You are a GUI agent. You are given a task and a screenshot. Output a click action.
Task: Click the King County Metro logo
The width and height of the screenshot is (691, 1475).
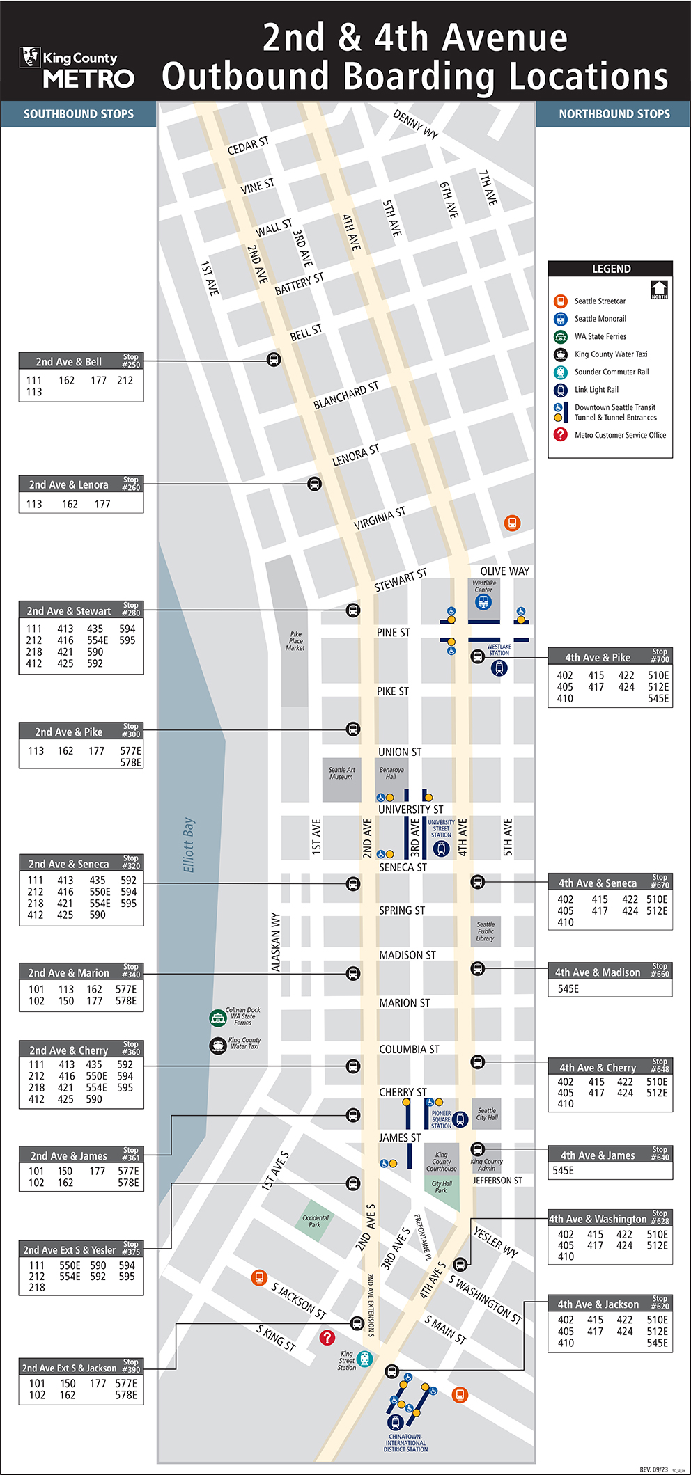[x=77, y=68]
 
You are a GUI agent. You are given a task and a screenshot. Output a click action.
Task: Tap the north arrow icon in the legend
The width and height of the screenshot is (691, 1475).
[x=659, y=290]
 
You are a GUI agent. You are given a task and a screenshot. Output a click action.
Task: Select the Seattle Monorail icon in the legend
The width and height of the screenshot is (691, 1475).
[x=561, y=319]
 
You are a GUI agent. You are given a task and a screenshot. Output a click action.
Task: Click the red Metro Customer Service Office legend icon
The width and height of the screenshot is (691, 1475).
[x=561, y=434]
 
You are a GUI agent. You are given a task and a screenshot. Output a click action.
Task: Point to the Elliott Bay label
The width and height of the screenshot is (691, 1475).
[x=189, y=844]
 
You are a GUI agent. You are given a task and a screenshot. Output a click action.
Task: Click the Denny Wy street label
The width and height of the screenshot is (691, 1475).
[x=416, y=125]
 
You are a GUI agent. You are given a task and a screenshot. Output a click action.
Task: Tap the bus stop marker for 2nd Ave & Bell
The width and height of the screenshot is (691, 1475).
[x=274, y=360]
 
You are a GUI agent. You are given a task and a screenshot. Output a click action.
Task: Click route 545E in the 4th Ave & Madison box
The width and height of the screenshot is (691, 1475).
[x=568, y=988]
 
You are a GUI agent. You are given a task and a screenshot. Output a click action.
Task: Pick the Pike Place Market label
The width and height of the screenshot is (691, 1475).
[x=295, y=641]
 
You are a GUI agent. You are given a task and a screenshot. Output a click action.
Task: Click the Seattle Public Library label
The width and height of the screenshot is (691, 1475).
[x=486, y=931]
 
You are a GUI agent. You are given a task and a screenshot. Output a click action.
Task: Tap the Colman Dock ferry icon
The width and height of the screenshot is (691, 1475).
[x=218, y=1018]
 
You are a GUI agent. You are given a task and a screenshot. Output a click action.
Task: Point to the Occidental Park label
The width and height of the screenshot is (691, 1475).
[x=316, y=1221]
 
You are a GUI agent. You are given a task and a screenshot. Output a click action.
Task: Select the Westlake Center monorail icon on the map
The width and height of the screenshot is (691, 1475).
[x=483, y=602]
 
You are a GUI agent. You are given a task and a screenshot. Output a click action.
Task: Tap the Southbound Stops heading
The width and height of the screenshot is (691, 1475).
[x=79, y=114]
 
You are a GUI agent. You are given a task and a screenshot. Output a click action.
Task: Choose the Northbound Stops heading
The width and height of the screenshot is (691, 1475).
[x=614, y=114]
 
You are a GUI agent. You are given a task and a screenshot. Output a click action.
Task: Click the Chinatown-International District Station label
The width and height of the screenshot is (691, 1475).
[x=405, y=1443]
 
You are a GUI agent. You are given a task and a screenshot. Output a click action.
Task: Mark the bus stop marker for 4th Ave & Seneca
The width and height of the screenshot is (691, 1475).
[x=477, y=882]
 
